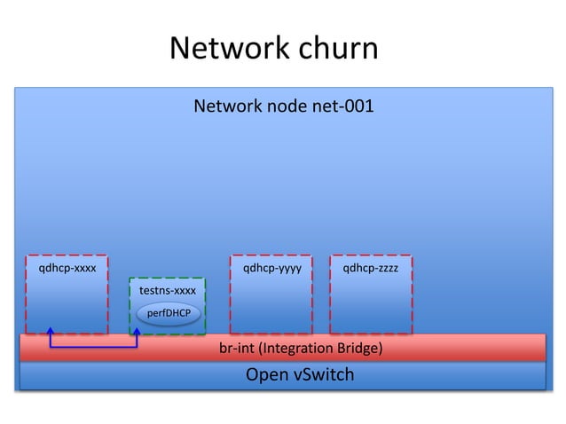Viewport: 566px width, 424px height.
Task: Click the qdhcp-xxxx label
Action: click(x=67, y=266)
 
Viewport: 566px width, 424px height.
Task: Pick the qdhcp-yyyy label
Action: click(x=271, y=266)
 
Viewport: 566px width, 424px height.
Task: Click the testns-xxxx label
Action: click(x=168, y=291)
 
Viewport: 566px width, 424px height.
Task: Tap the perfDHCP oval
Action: click(x=169, y=313)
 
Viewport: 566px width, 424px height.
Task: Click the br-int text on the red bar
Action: click(x=236, y=349)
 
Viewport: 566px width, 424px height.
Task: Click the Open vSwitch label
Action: click(x=299, y=375)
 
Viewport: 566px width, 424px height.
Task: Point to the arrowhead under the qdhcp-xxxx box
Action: click(x=51, y=331)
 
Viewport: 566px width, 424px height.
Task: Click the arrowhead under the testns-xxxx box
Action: click(x=137, y=332)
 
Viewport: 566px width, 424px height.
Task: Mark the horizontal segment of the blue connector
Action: click(x=94, y=347)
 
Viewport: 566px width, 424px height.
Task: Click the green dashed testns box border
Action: click(x=130, y=306)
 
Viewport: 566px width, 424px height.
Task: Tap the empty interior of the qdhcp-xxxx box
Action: click(x=67, y=302)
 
